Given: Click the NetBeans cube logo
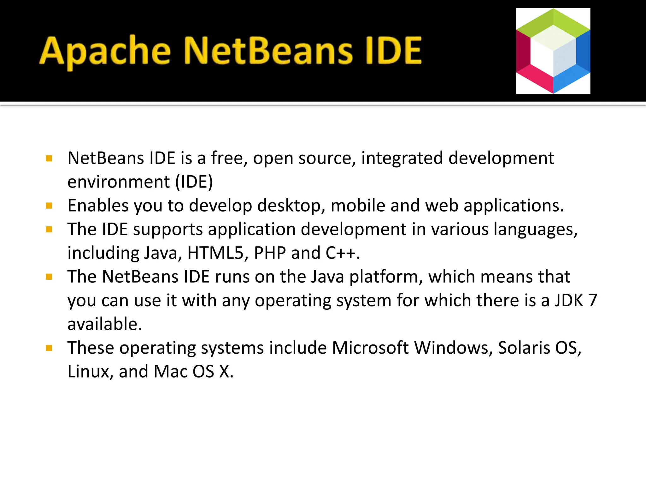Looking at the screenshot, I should [553, 51].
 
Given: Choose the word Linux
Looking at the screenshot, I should [88, 371].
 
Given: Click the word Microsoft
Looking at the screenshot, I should [370, 348].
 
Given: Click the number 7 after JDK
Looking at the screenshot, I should [593, 300].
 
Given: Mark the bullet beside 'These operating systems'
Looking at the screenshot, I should [49, 348].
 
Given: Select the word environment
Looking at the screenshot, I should [119, 182].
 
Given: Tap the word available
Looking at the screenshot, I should [104, 324].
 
